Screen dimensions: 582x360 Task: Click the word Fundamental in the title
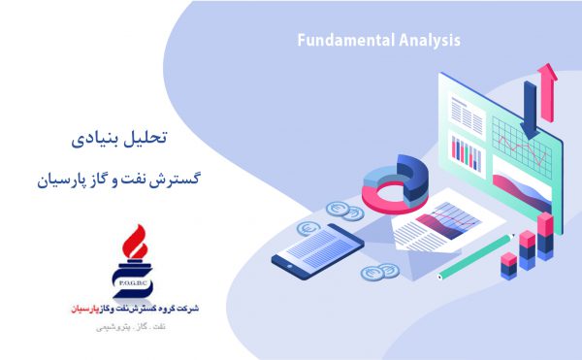[346, 40]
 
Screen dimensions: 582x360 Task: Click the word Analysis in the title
[430, 41]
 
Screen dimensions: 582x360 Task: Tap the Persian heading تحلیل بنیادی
[119, 138]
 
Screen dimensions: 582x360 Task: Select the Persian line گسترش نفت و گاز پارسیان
[118, 180]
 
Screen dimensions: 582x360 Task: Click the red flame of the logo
[135, 242]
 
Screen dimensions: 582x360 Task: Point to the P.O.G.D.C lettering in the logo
[133, 284]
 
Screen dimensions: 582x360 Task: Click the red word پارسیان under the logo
[85, 309]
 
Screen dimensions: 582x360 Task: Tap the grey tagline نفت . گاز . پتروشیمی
[131, 327]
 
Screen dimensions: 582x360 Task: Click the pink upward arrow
[547, 93]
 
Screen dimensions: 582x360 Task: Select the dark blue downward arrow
[530, 111]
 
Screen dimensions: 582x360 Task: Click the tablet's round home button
[290, 266]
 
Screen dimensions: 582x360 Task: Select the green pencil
[475, 256]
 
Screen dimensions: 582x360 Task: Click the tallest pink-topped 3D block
[545, 237]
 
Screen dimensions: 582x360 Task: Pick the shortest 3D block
[508, 266]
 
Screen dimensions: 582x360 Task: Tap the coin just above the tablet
[308, 229]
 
